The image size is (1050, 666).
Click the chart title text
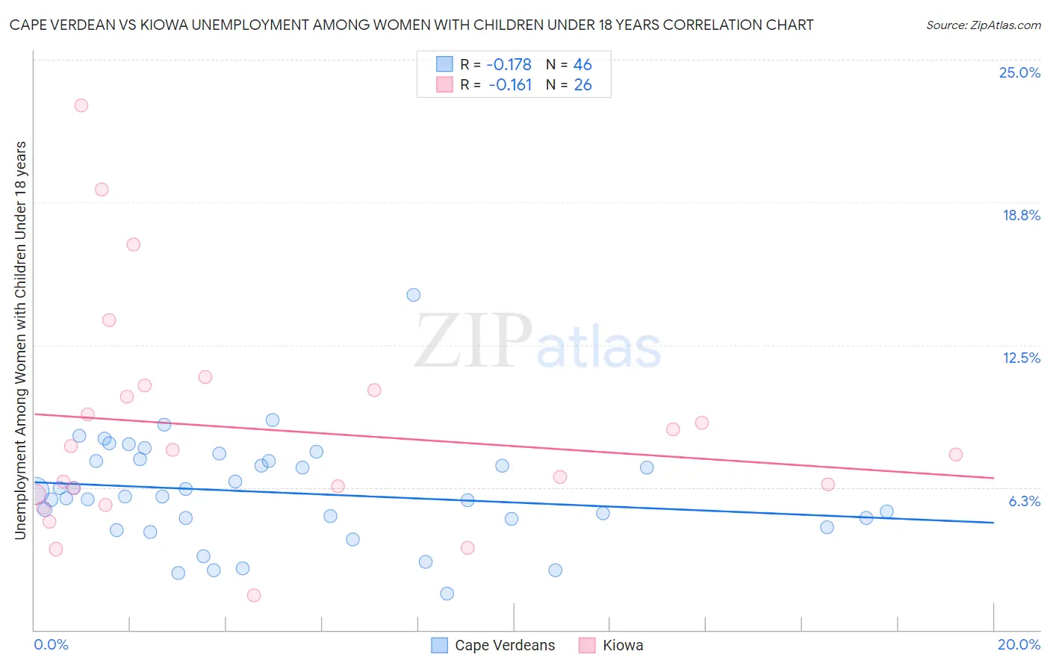(411, 25)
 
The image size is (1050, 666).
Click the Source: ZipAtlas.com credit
(983, 25)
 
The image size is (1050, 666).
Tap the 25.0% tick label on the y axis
(1019, 72)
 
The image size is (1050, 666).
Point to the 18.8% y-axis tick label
(1021, 215)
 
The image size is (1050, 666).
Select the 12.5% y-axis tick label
(1021, 358)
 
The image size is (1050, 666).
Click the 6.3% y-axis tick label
(1024, 501)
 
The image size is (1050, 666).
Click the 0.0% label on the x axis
(51, 644)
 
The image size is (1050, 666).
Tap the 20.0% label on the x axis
(1019, 644)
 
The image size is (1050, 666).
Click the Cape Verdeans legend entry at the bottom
(504, 645)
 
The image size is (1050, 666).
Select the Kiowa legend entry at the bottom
(622, 645)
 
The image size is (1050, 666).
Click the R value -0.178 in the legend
(509, 65)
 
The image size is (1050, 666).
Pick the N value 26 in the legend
(583, 85)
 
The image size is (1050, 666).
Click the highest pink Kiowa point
(81, 105)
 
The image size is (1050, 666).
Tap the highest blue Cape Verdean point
(414, 295)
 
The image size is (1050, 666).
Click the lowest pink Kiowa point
(254, 595)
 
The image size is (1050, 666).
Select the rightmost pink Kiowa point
(956, 455)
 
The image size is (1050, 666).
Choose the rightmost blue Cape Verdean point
(886, 511)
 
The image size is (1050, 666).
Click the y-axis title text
(20, 340)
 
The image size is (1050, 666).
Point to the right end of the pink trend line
(993, 478)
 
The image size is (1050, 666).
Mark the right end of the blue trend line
(993, 523)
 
